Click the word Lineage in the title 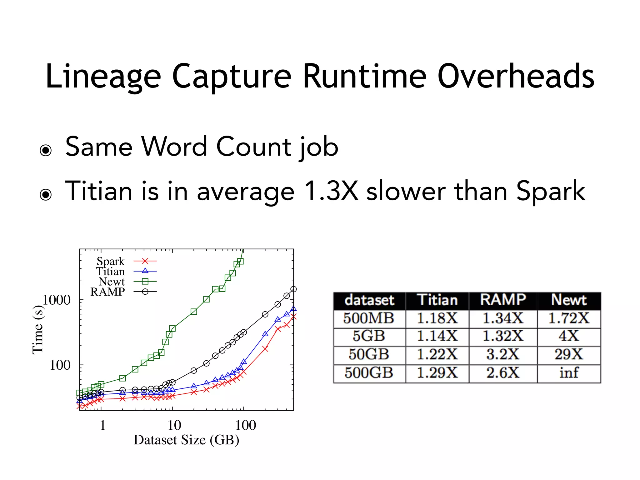point(103,77)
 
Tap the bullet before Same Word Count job point(46,150)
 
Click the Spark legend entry point(110,261)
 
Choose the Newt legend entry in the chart point(112,282)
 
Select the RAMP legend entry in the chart point(107,292)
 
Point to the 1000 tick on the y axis point(57,300)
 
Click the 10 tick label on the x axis point(174,425)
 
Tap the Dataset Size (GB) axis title point(186,440)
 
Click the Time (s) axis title point(38,330)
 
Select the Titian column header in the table point(437,300)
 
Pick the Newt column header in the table point(569,300)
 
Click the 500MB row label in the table point(369,318)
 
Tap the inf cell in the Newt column point(569,373)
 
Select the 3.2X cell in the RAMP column point(502,355)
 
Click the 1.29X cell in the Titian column point(437,373)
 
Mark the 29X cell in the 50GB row point(569,355)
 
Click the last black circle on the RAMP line point(293,289)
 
